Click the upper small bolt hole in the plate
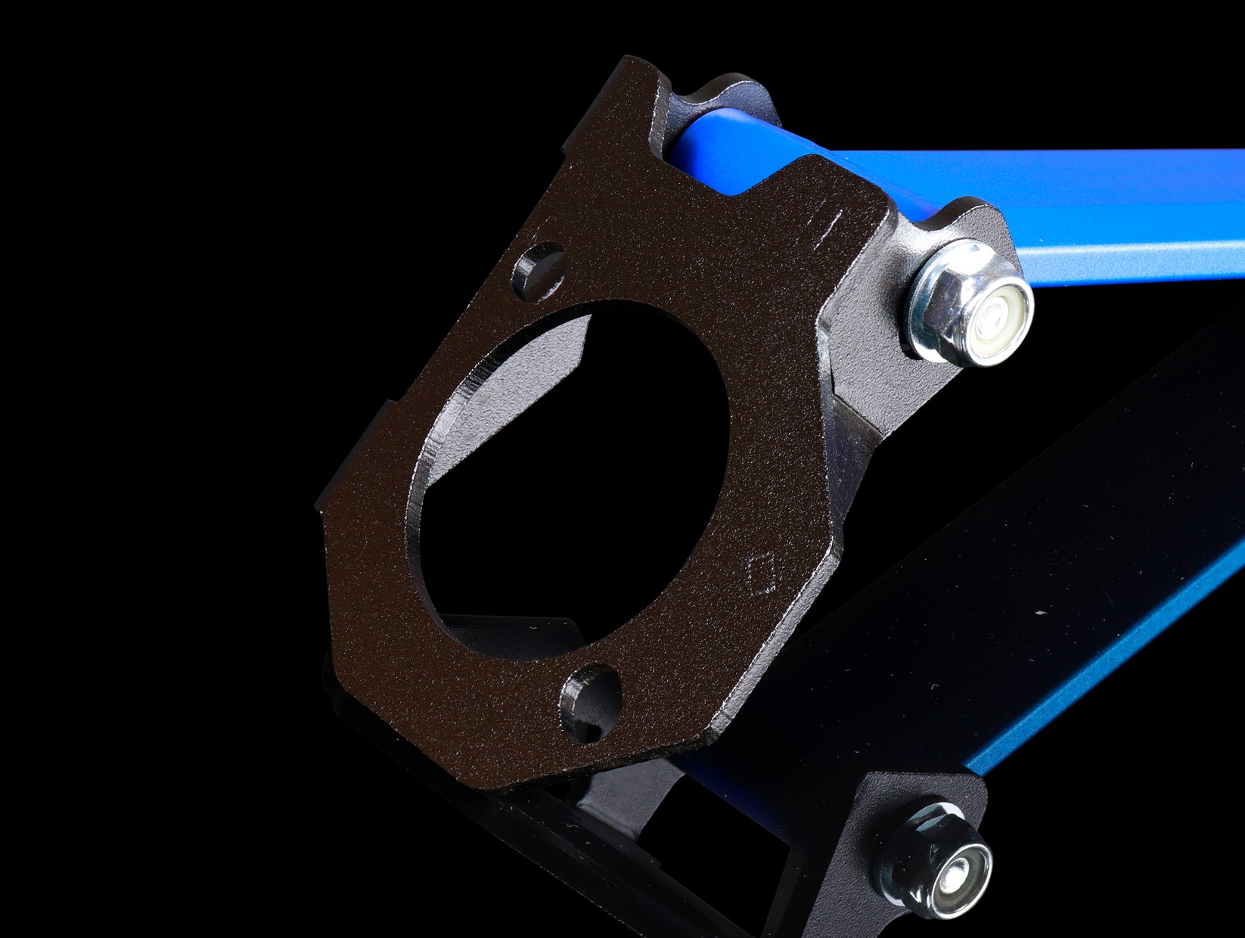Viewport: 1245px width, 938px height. point(539,269)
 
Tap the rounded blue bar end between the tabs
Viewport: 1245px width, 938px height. point(696,144)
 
